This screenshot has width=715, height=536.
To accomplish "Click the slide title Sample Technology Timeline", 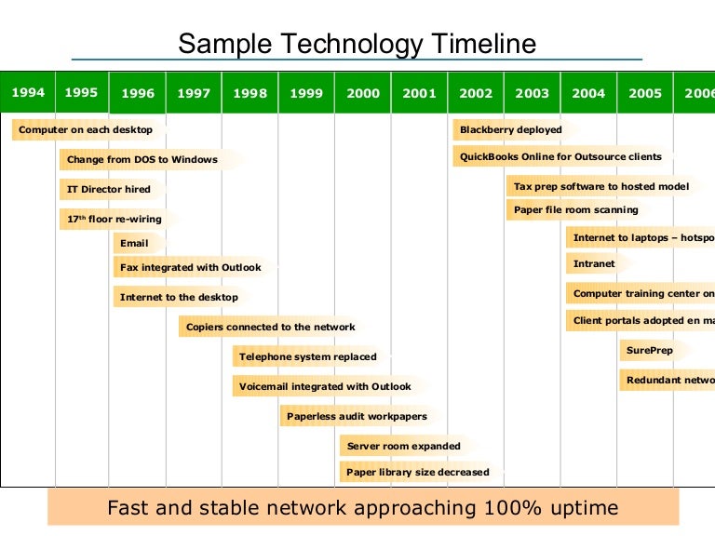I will (x=357, y=44).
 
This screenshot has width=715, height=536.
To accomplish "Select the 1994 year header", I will (x=28, y=92).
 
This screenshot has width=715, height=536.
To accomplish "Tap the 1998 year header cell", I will (x=250, y=93).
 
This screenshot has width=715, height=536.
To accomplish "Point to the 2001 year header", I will (x=419, y=93).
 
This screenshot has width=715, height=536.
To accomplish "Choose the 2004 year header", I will (x=588, y=93).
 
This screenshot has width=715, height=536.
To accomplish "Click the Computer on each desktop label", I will (x=86, y=130).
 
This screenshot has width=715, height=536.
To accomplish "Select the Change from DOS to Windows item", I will (x=142, y=159).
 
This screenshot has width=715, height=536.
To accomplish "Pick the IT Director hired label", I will (x=108, y=189).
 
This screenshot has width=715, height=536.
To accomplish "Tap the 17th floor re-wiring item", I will (x=114, y=219).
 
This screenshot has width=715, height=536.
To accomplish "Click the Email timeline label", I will (x=134, y=243).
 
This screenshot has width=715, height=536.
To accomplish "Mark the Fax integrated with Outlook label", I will (x=190, y=267).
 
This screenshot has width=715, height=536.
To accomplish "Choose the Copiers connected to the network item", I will (x=270, y=327).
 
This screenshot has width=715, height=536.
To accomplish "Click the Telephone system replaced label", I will (x=307, y=356).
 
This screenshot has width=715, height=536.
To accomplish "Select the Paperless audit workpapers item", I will (x=357, y=416).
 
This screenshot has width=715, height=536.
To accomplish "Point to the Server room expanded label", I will (x=403, y=446).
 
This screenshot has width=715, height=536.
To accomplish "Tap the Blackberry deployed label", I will (x=510, y=130).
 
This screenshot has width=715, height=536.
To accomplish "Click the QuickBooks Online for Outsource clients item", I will (x=560, y=156).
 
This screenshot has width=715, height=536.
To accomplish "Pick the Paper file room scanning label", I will (x=575, y=210).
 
